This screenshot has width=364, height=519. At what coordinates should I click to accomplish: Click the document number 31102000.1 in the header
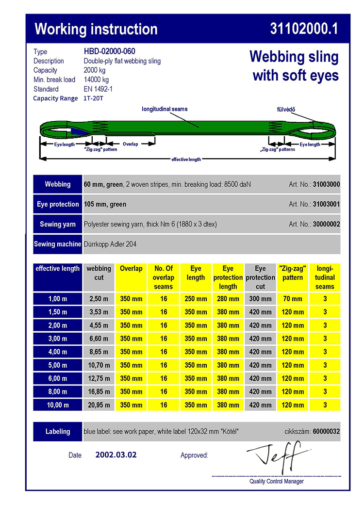pyautogui.click(x=304, y=29)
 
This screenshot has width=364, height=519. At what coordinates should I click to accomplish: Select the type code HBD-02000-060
pyautogui.click(x=109, y=51)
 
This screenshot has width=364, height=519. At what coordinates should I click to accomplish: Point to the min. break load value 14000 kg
pyautogui.click(x=96, y=80)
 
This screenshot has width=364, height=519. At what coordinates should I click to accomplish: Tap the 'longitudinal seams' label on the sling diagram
pyautogui.click(x=165, y=109)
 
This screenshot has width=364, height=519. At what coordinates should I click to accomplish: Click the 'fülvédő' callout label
pyautogui.click(x=280, y=110)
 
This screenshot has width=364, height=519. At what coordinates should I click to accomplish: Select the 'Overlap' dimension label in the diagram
pyautogui.click(x=130, y=144)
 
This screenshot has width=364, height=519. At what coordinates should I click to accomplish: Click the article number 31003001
pyautogui.click(x=326, y=204)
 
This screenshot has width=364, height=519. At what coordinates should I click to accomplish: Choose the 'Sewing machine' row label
pyautogui.click(x=57, y=244)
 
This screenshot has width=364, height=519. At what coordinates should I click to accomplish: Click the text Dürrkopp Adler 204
pyautogui.click(x=110, y=244)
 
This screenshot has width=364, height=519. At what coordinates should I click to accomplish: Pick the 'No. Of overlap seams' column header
pyautogui.click(x=163, y=277)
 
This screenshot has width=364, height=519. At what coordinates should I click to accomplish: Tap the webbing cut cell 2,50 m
pyautogui.click(x=99, y=299)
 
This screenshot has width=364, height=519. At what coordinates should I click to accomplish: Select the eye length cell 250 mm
pyautogui.click(x=196, y=299)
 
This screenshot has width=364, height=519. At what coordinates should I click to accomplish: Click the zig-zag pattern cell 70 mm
pyautogui.click(x=292, y=299)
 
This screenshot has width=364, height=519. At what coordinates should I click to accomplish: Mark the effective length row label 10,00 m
pyautogui.click(x=58, y=405)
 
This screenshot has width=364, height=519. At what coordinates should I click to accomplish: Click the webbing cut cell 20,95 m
pyautogui.click(x=99, y=405)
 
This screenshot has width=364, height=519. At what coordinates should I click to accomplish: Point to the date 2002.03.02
pyautogui.click(x=116, y=455)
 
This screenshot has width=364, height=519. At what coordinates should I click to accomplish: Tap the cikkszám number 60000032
pyautogui.click(x=326, y=431)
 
